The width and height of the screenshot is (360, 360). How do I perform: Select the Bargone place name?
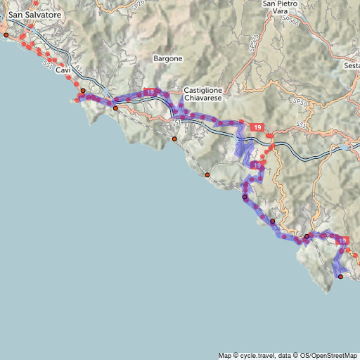[x=168, y=58]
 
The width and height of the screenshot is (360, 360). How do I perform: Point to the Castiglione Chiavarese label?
[x=202, y=95]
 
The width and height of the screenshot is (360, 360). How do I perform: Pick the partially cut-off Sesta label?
[x=352, y=65]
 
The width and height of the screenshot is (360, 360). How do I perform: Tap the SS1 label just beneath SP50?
[x=301, y=124]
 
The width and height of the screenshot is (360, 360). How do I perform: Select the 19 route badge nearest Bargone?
[x=149, y=92]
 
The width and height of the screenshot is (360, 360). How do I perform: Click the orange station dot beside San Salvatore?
[x=6, y=34]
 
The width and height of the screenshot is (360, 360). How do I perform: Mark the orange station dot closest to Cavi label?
[x=82, y=91]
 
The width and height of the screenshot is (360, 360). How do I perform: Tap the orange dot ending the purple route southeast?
[x=340, y=277]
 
